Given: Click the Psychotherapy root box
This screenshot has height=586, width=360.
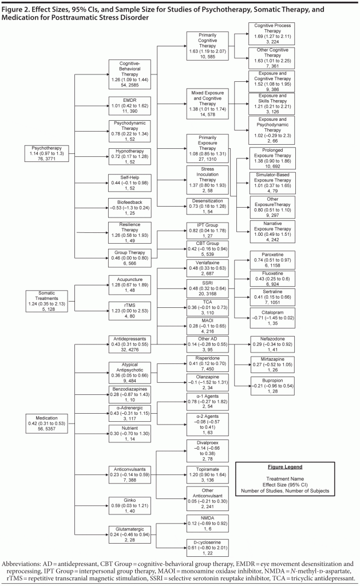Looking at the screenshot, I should [x=48, y=156].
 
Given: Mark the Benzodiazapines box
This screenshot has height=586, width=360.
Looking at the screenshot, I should [x=132, y=394].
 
